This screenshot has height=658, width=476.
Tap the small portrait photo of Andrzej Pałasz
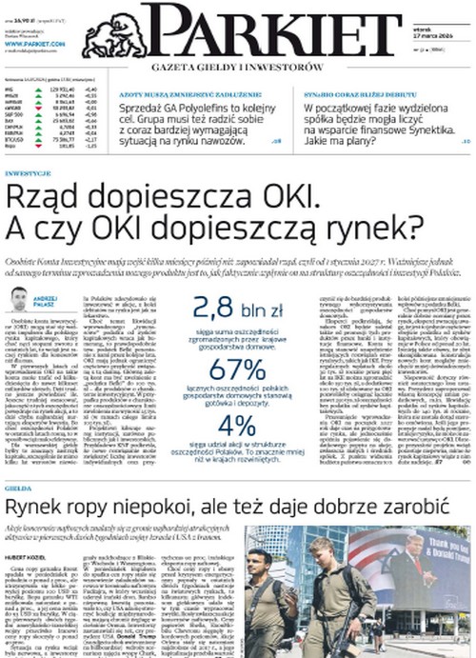click(x=17, y=299)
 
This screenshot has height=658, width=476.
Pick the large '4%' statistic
click(x=236, y=428)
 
